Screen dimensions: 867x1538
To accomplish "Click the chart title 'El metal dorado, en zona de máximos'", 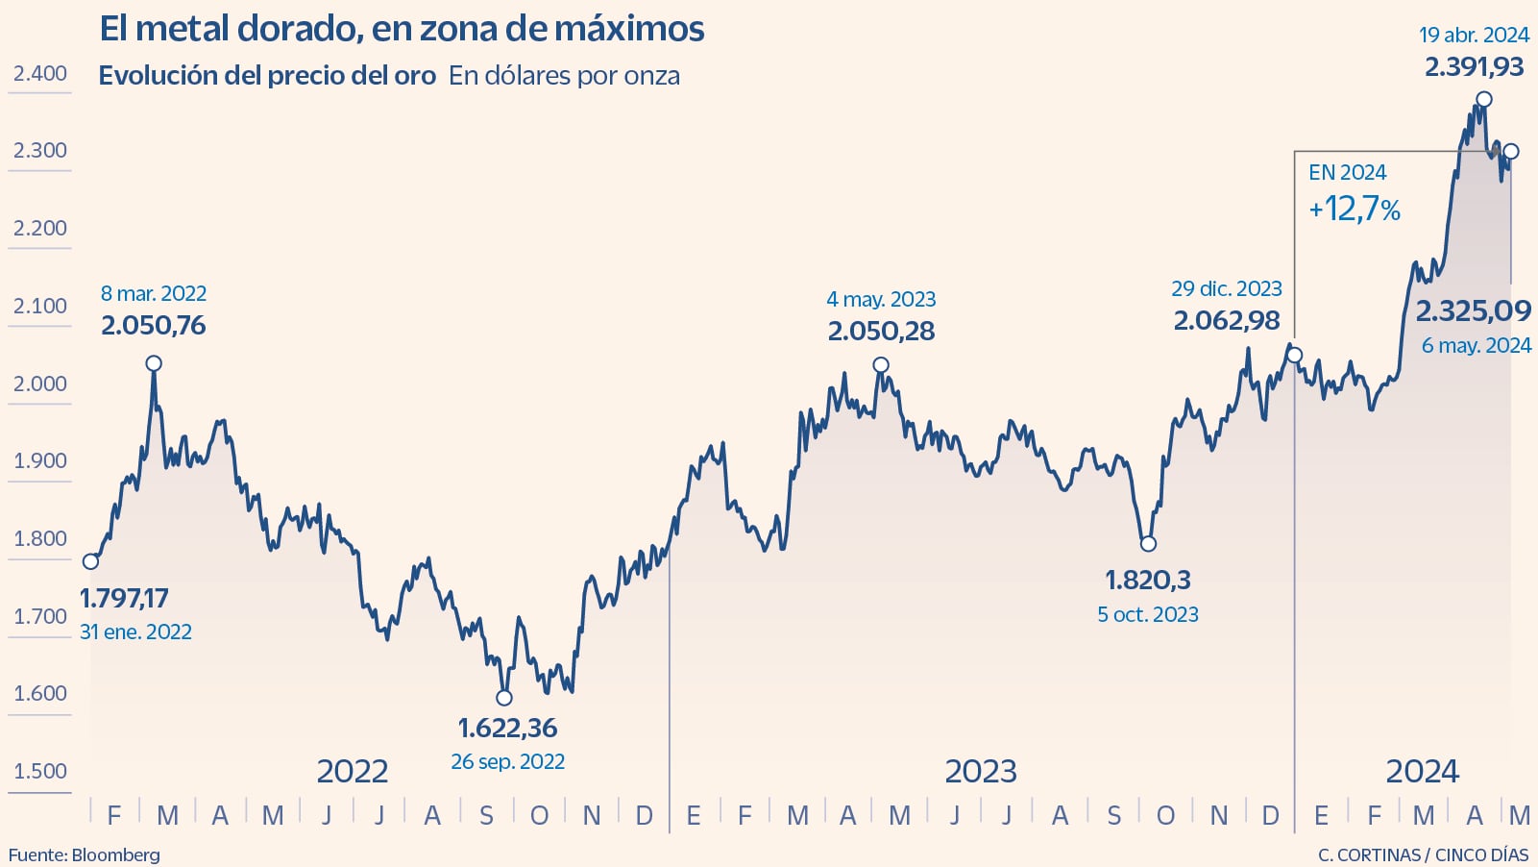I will tap(402, 29).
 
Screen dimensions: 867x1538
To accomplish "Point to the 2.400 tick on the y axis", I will tap(40, 73).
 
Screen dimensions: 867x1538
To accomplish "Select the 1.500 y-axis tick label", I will tap(40, 771).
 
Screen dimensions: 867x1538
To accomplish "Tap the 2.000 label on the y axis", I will tap(40, 384).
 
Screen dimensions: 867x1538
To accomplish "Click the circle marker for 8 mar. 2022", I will tap(154, 363).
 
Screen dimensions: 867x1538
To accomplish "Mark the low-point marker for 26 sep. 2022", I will tap(504, 698).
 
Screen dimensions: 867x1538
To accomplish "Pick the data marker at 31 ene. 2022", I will tap(90, 561).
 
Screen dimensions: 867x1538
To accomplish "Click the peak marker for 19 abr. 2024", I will tap(1484, 99).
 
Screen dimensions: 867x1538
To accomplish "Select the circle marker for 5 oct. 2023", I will tap(1148, 544).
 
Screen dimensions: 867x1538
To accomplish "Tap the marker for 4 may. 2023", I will tap(881, 365).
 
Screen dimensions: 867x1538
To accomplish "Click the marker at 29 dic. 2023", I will tap(1295, 356).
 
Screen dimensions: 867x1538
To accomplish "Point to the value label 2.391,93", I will tap(1474, 67).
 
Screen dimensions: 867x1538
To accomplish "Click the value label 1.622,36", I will tap(507, 728).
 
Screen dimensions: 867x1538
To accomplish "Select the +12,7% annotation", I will tap(1355, 209).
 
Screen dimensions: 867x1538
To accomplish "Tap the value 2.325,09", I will tap(1474, 310).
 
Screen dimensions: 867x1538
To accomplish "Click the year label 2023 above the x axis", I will tap(980, 771).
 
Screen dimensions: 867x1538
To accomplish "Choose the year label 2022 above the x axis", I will tap(353, 771).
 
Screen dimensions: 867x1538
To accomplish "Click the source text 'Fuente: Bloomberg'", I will tap(85, 855).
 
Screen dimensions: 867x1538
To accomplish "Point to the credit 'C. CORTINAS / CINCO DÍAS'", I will tap(1423, 855).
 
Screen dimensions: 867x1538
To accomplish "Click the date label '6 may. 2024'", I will tap(1477, 345).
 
